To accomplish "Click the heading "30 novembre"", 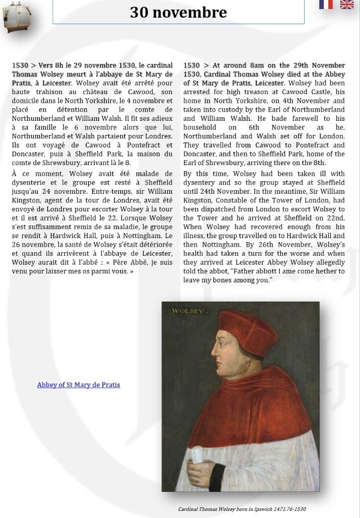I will (x=178, y=13).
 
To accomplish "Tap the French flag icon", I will (x=326, y=5).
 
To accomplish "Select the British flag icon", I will (x=347, y=5).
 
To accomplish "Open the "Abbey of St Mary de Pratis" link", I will (x=79, y=385).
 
